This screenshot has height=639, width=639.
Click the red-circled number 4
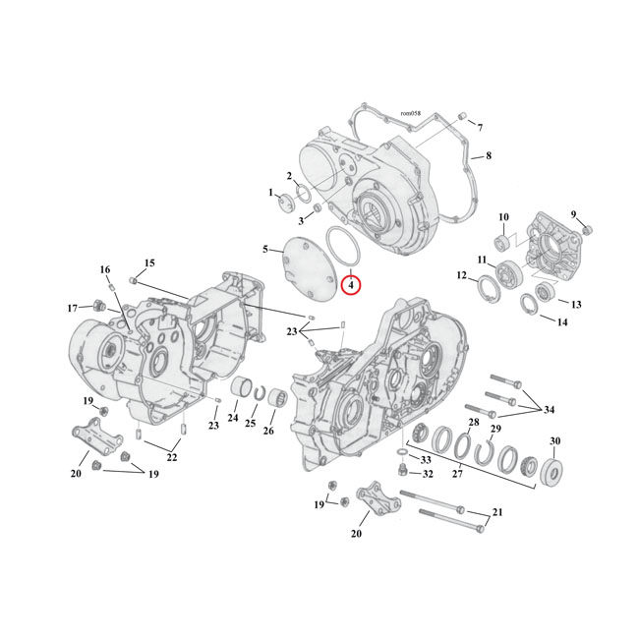click(352, 285)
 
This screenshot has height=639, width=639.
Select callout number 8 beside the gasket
click(488, 156)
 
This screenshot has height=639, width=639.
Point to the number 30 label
click(582, 440)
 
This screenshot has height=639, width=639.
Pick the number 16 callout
click(104, 270)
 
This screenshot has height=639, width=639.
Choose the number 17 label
click(72, 308)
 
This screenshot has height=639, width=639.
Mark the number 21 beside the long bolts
click(497, 513)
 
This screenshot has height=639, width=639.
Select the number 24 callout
click(232, 419)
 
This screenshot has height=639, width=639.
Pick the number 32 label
click(428, 474)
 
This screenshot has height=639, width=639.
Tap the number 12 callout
click(461, 276)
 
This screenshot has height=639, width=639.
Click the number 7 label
click(480, 129)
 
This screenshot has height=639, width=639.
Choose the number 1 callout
click(270, 193)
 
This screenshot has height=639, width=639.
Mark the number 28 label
click(474, 422)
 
